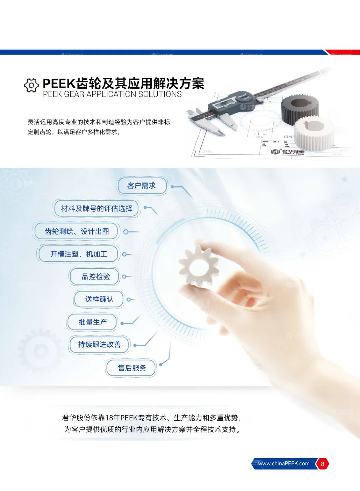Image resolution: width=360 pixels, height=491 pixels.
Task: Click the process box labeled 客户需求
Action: click(142, 186)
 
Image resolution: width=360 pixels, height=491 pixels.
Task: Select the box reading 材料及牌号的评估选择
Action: click(97, 209)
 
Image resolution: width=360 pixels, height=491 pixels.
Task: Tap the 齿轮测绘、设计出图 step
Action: click(77, 231)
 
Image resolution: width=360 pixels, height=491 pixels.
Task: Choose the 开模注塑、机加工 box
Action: click(79, 254)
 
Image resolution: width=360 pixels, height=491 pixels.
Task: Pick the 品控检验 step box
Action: click(95, 277)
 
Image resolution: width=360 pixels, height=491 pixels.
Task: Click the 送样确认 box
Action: click(99, 299)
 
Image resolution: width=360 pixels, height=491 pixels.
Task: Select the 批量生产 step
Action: click(92, 322)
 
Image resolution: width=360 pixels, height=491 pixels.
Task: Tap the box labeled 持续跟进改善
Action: click(99, 345)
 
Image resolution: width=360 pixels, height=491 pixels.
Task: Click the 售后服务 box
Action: click(132, 368)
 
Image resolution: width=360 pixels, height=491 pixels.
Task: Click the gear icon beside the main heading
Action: click(31, 86)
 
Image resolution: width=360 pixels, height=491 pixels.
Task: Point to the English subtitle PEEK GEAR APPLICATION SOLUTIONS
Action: click(112, 94)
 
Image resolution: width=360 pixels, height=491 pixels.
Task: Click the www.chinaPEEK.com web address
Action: click(284, 464)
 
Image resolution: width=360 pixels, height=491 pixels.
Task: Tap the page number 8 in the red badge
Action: click(322, 464)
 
